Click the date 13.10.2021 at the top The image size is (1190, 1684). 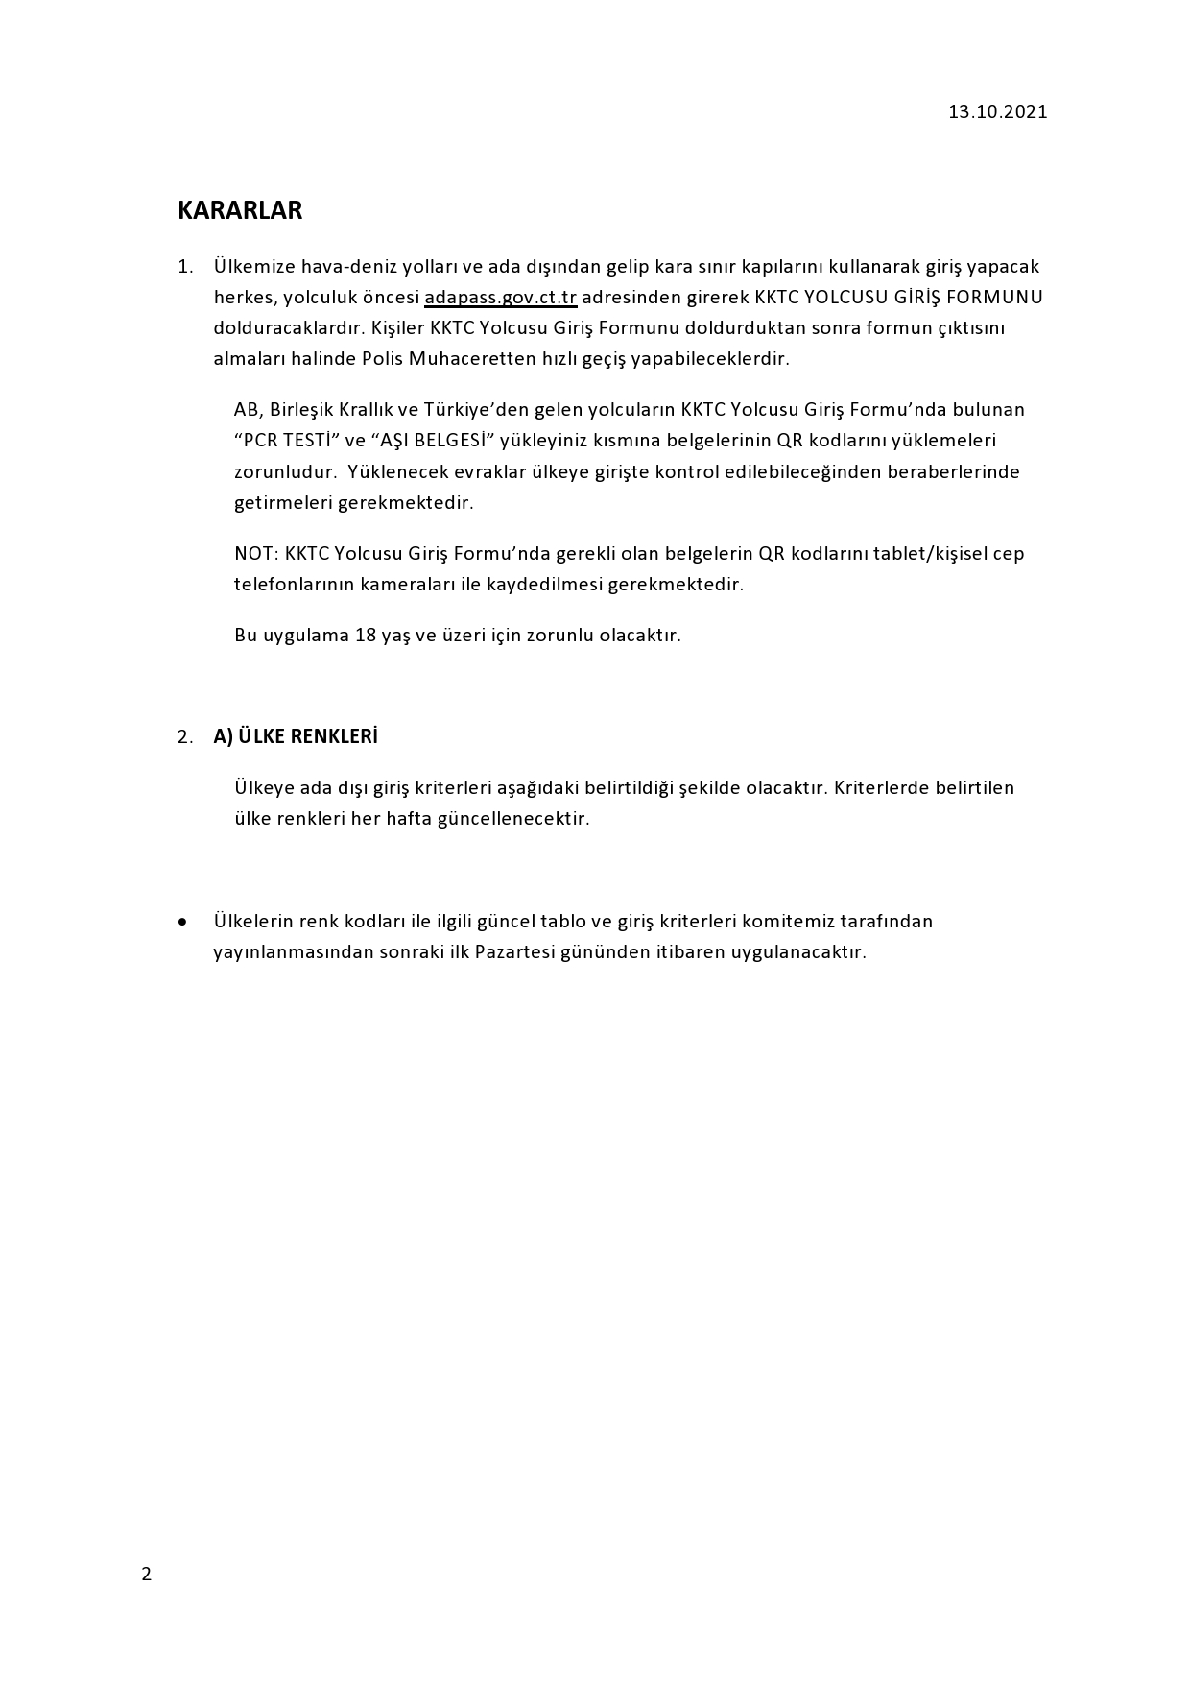997,111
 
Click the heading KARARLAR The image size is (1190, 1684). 240,210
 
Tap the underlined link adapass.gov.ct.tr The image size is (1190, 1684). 500,297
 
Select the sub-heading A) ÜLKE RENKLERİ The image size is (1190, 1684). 296,736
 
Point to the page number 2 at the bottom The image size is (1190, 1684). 146,1574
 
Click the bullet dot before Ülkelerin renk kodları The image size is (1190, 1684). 182,922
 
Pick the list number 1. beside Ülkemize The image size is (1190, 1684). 185,266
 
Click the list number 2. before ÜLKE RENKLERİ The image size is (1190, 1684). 185,737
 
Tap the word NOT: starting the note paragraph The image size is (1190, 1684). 256,553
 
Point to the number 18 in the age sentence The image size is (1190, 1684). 365,635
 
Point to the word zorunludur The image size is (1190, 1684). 285,471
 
